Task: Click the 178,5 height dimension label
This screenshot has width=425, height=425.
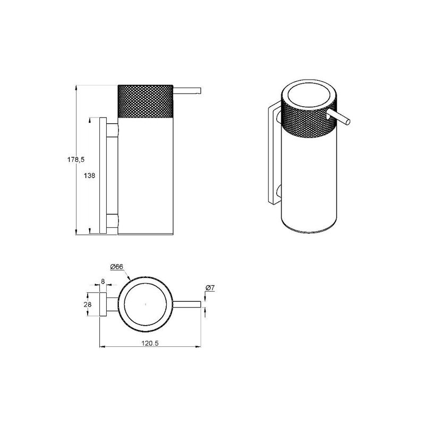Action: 76,160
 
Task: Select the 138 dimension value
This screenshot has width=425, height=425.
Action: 89,176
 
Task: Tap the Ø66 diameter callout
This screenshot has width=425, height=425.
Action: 117,267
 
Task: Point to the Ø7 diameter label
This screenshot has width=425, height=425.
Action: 210,288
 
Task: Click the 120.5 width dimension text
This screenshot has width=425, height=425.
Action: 150,343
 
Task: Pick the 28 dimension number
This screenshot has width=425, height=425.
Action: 88,304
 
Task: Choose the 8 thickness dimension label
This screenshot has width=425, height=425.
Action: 103,282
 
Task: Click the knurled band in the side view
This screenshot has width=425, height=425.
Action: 145,101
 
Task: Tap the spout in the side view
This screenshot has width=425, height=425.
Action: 187,90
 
